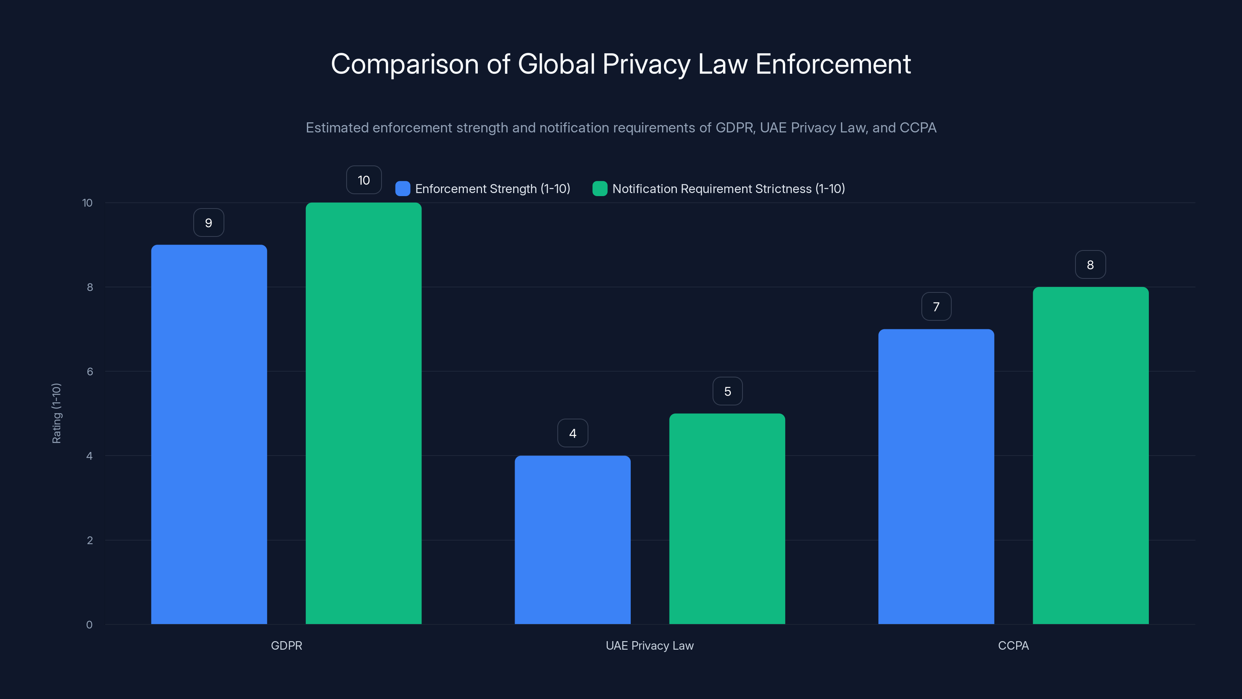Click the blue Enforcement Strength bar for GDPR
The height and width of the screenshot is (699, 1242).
[209, 434]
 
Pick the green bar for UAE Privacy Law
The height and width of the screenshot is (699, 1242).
[727, 518]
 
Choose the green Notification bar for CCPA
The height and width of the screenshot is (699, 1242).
[1091, 456]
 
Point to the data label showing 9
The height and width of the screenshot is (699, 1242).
[208, 223]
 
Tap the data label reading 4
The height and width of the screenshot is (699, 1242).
[572, 433]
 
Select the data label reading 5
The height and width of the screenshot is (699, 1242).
[727, 391]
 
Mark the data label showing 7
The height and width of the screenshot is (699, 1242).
[936, 307]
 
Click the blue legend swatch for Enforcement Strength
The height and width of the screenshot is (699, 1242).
[402, 189]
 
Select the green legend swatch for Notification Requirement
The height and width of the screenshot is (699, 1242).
[599, 189]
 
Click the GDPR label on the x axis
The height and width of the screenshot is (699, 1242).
[286, 645]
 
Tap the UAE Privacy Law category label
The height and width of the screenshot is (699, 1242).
[649, 645]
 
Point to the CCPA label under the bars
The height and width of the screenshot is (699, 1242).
[1013, 645]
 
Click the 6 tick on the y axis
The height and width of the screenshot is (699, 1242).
[90, 372]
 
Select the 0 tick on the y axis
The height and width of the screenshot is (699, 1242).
[89, 625]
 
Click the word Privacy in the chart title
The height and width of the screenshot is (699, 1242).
[646, 64]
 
